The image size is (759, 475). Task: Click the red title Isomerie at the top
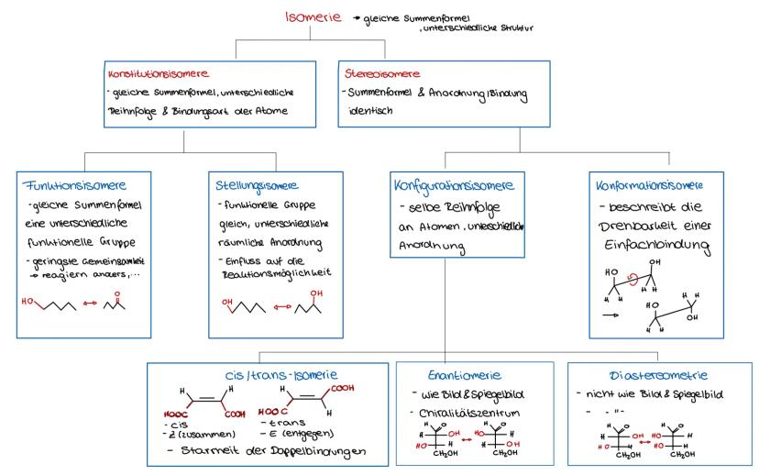click(313, 17)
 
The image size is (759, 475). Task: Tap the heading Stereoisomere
click(381, 72)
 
